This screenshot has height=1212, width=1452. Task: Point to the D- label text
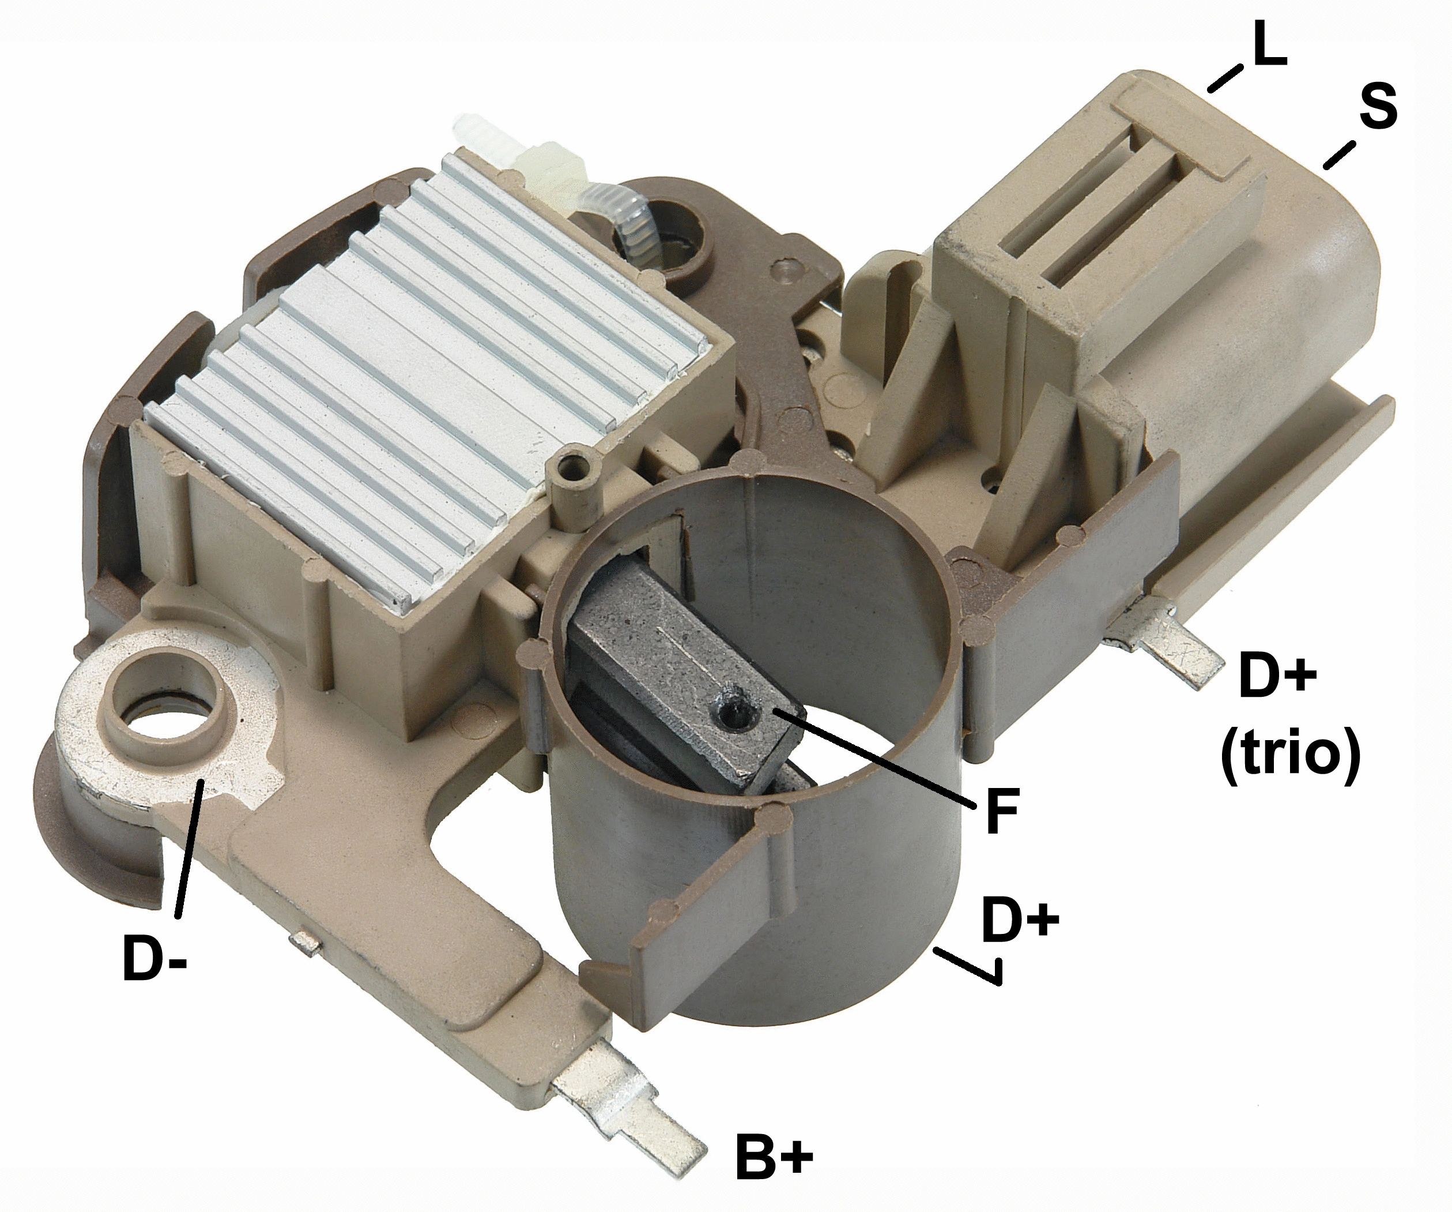tap(153, 958)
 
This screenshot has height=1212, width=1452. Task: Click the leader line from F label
tap(871, 757)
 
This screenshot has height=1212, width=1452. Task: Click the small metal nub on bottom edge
tap(304, 941)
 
